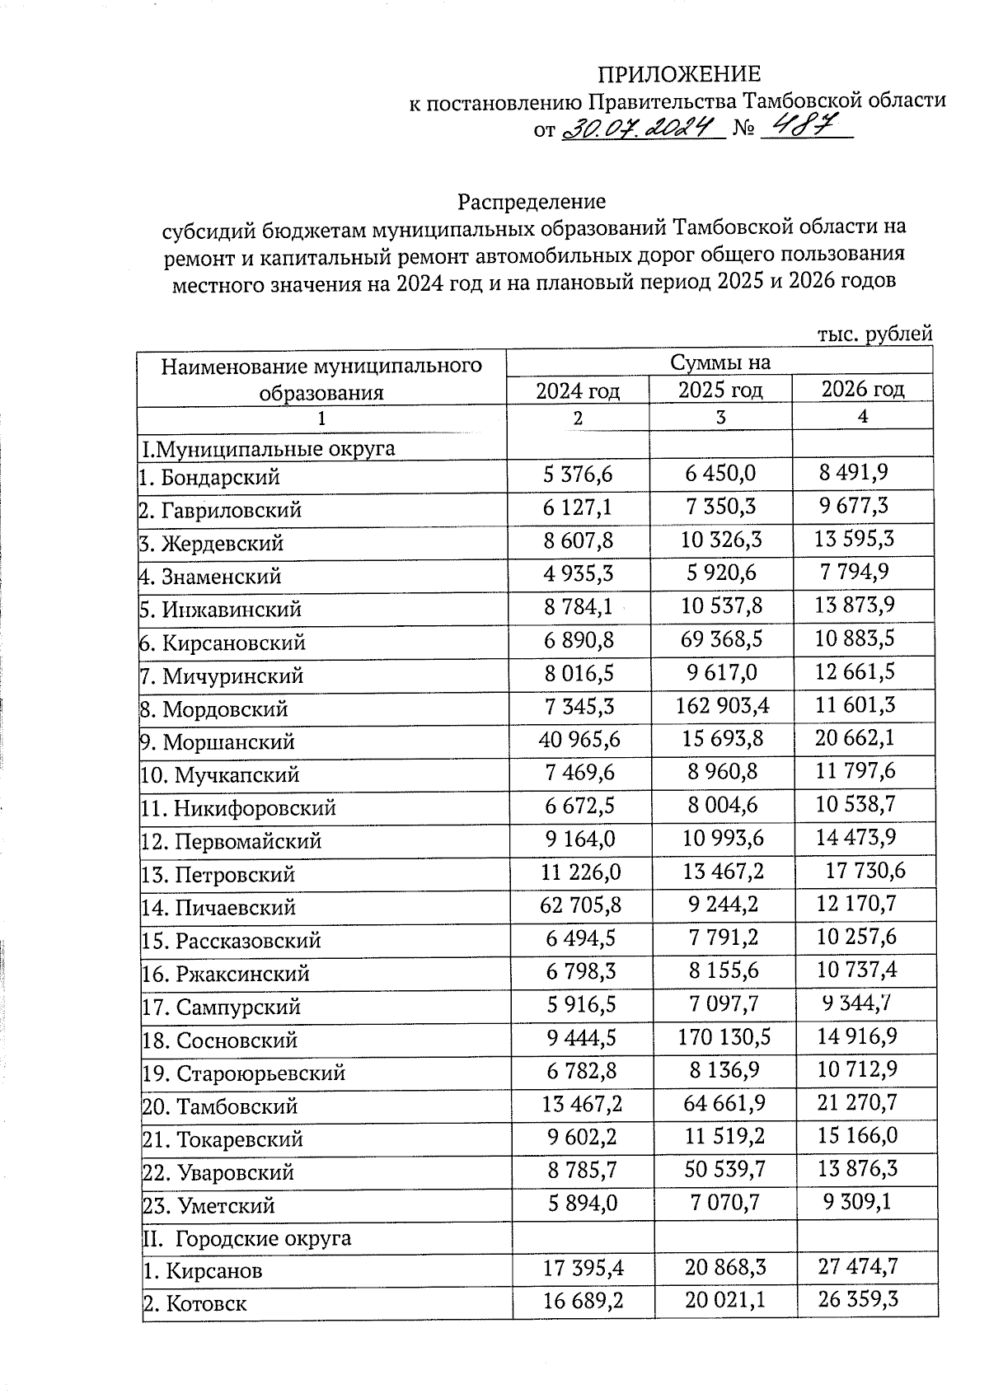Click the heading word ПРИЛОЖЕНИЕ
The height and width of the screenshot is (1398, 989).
tap(678, 74)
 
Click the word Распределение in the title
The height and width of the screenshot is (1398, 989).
tap(532, 202)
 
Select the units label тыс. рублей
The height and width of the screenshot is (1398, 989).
tap(874, 334)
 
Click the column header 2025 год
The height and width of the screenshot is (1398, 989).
tap(719, 390)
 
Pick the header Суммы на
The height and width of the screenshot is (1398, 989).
tap(719, 362)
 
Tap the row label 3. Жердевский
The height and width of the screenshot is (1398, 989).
tap(211, 544)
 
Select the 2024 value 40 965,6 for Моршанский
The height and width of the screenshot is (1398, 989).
tap(579, 739)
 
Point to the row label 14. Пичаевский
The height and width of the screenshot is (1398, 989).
tap(218, 908)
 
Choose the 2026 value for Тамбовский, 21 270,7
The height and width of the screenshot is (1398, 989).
tap(856, 1103)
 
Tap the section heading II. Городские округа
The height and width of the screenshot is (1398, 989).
tap(246, 1238)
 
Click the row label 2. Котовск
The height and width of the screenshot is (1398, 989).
tap(195, 1304)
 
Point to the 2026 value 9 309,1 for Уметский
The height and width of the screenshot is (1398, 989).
tap(857, 1204)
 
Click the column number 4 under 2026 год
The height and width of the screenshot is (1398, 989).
tap(862, 417)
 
